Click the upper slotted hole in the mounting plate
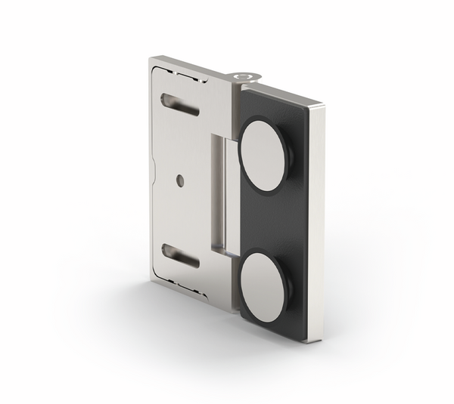pos(180,105)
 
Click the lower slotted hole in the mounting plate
pos(180,255)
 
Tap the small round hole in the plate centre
pos(179,180)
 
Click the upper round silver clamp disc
pos(263,155)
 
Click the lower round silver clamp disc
pos(264,288)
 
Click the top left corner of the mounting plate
pos(151,60)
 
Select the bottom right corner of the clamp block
pos(310,341)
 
